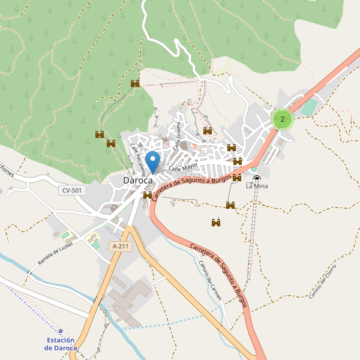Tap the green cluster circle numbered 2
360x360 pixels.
point(283,119)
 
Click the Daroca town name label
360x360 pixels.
point(137,180)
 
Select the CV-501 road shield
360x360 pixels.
point(73,190)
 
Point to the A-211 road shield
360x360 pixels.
point(121,246)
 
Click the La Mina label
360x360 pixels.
point(257,186)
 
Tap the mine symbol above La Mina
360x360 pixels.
point(257,178)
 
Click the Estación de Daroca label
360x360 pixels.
point(62,344)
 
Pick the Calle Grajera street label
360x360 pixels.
point(177,136)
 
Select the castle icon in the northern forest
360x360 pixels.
point(135,83)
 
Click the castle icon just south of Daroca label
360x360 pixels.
point(148,195)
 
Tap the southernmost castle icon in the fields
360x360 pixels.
point(216,223)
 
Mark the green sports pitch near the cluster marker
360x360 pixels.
point(308,108)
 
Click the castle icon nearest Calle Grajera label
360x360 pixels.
point(208,131)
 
